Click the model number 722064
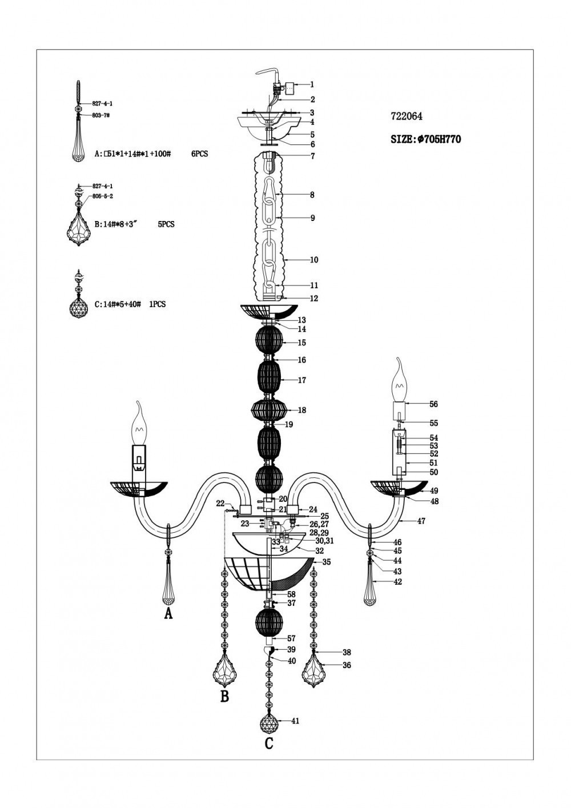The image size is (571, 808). pyautogui.click(x=406, y=116)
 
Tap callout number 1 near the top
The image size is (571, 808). pyautogui.click(x=312, y=85)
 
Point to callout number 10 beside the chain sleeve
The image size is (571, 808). pyautogui.click(x=314, y=260)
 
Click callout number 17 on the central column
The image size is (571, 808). pyautogui.click(x=302, y=380)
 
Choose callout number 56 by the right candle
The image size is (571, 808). pyautogui.click(x=433, y=404)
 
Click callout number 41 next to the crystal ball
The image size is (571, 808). pyautogui.click(x=295, y=721)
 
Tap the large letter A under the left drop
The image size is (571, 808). pyautogui.click(x=168, y=613)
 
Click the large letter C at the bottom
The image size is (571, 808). pyautogui.click(x=269, y=743)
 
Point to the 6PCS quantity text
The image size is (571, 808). pyautogui.click(x=200, y=154)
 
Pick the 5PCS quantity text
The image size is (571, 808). pyautogui.click(x=166, y=224)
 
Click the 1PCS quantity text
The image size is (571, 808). pyautogui.click(x=157, y=304)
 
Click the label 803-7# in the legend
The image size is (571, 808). pyautogui.click(x=102, y=115)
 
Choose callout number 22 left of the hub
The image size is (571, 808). pyautogui.click(x=220, y=503)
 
